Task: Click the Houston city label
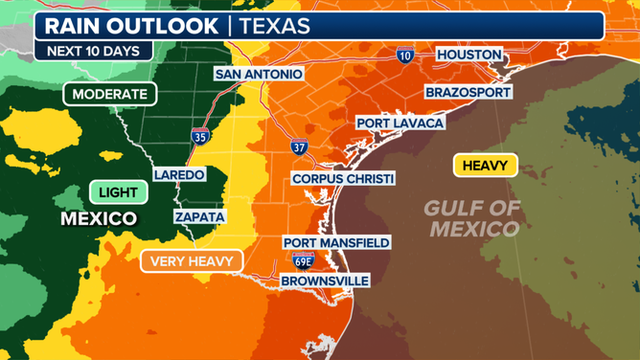coord(469,55)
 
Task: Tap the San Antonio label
coord(259,74)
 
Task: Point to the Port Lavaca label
coord(400,123)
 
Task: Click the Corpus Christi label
coord(343,178)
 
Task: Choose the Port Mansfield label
coord(335,242)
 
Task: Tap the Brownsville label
coord(325,281)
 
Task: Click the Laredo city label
coord(179,175)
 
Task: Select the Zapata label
coord(199,217)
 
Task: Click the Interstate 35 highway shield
coord(200,138)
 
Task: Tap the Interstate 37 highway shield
coord(300,146)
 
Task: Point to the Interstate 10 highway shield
coord(405,56)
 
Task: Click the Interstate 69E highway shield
coord(303,260)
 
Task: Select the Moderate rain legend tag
coord(109,94)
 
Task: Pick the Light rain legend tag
coord(118,191)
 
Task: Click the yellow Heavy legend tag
coord(485,166)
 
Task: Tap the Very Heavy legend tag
coord(192,260)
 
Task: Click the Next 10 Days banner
coord(92,51)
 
